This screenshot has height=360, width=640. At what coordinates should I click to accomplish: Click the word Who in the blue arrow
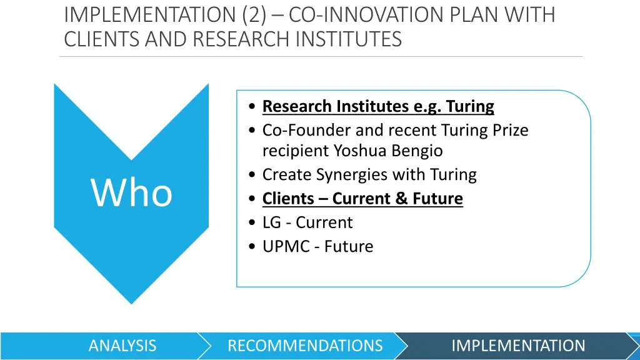pos(132,192)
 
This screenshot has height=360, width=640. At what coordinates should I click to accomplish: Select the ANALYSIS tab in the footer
pos(122,346)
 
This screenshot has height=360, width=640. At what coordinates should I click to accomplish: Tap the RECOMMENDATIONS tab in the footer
pos(305,346)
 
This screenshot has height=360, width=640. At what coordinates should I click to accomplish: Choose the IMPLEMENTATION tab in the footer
pos(518,346)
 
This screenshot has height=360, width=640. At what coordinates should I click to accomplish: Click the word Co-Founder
pos(306,130)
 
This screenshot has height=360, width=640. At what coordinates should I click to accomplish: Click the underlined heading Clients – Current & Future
pos(362,199)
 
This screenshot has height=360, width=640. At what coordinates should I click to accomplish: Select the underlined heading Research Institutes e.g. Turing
pos(378,106)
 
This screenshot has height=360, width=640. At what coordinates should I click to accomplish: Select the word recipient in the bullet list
pos(296,151)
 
